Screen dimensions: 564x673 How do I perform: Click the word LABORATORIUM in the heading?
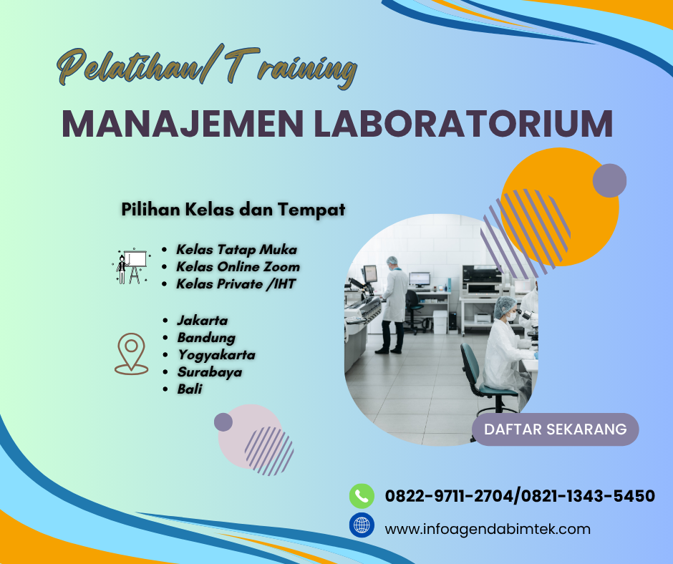click(x=464, y=123)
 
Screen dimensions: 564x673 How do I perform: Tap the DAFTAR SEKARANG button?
click(x=556, y=429)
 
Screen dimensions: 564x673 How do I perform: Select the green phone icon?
click(x=362, y=495)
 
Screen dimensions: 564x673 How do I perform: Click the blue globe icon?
click(x=362, y=525)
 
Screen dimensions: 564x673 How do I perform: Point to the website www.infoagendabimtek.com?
click(x=488, y=530)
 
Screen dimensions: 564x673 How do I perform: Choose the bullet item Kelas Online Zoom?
click(x=238, y=266)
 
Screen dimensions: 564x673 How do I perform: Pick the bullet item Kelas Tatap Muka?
click(x=236, y=250)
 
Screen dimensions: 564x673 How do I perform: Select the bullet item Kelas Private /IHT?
click(x=236, y=283)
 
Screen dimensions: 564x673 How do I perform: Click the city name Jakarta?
click(x=202, y=320)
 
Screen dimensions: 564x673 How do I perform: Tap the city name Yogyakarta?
click(x=216, y=354)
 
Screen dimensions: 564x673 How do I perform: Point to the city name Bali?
click(x=190, y=389)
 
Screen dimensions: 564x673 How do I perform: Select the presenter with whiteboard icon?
click(x=131, y=266)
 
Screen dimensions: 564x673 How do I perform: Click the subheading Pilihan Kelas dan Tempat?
click(x=233, y=210)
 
